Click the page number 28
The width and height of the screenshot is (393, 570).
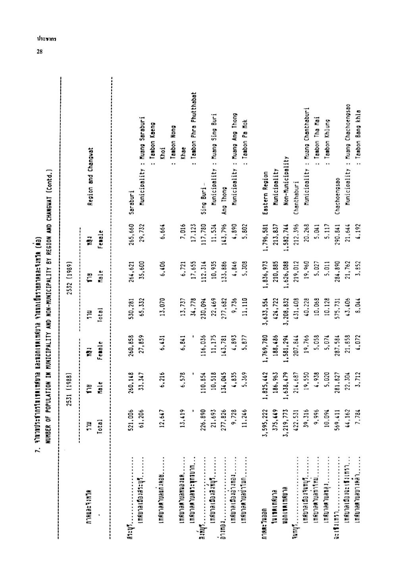[x=40, y=52]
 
